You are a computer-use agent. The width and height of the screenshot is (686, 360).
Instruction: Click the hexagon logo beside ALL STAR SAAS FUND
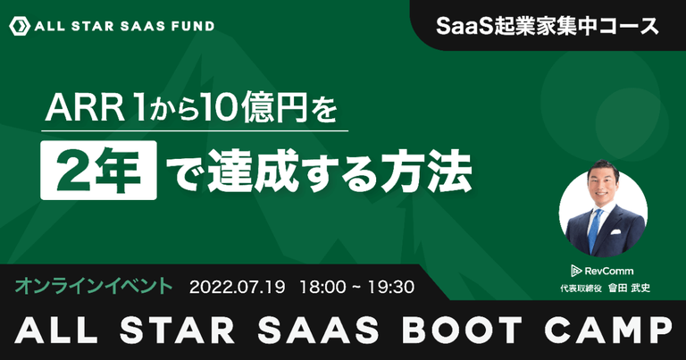tap(20, 26)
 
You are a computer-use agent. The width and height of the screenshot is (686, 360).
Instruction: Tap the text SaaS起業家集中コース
tap(548, 26)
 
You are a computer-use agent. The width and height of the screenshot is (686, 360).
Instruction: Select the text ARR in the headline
tap(85, 109)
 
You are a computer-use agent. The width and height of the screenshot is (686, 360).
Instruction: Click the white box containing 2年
tap(98, 170)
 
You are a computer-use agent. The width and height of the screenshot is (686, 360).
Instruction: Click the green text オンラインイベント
tap(94, 286)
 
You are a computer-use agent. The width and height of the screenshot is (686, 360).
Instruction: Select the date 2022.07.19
tap(237, 287)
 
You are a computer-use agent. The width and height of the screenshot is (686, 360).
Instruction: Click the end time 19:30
tap(391, 287)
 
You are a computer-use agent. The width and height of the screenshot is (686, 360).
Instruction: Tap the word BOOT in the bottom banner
tap(462, 330)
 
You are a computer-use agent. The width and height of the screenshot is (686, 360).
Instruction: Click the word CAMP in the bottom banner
tap(608, 330)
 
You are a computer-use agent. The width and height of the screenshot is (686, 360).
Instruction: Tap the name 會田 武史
tap(629, 289)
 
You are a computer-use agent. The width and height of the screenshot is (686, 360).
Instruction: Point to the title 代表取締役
tap(581, 289)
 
